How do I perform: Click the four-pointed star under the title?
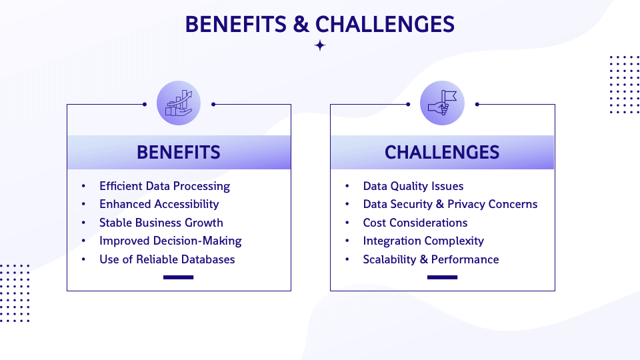pyautogui.click(x=320, y=45)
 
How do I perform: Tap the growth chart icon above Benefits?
pyautogui.click(x=179, y=103)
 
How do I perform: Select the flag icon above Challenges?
pyautogui.click(x=442, y=103)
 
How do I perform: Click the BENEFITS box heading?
pyautogui.click(x=179, y=152)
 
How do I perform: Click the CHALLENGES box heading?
pyautogui.click(x=442, y=152)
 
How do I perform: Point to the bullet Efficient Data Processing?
pyautogui.click(x=164, y=186)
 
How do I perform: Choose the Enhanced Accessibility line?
pyautogui.click(x=159, y=204)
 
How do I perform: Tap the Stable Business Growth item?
pyautogui.click(x=161, y=223)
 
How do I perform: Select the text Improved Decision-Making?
pyautogui.click(x=170, y=241)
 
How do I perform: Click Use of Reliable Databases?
pyautogui.click(x=167, y=259)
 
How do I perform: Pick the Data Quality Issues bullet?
pyautogui.click(x=413, y=186)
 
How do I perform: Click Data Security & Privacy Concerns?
pyautogui.click(x=450, y=204)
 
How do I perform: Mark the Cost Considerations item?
pyautogui.click(x=415, y=223)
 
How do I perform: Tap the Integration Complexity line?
pyautogui.click(x=423, y=241)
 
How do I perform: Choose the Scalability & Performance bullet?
pyautogui.click(x=431, y=259)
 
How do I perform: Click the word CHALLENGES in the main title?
pyautogui.click(x=385, y=24)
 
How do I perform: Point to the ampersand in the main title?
pyautogui.click(x=300, y=24)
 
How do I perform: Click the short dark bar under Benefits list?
pyautogui.click(x=178, y=277)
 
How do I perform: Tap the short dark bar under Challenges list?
pyautogui.click(x=442, y=277)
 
